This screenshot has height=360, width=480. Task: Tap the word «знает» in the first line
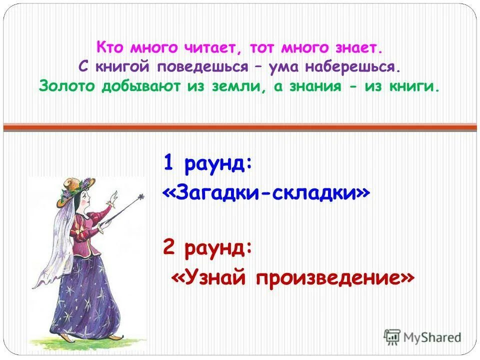click(x=356, y=48)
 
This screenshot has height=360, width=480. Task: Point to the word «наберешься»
click(x=353, y=67)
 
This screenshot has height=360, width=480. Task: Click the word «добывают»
click(x=143, y=86)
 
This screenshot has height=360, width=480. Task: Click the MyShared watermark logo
click(x=422, y=337)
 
